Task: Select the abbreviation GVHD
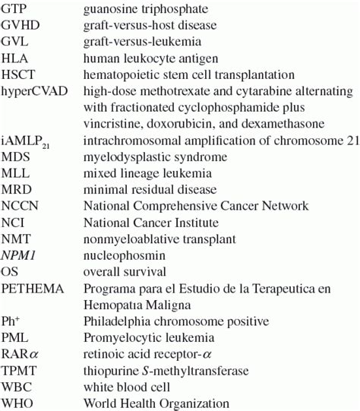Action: click(19, 25)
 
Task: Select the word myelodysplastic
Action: click(124, 156)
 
